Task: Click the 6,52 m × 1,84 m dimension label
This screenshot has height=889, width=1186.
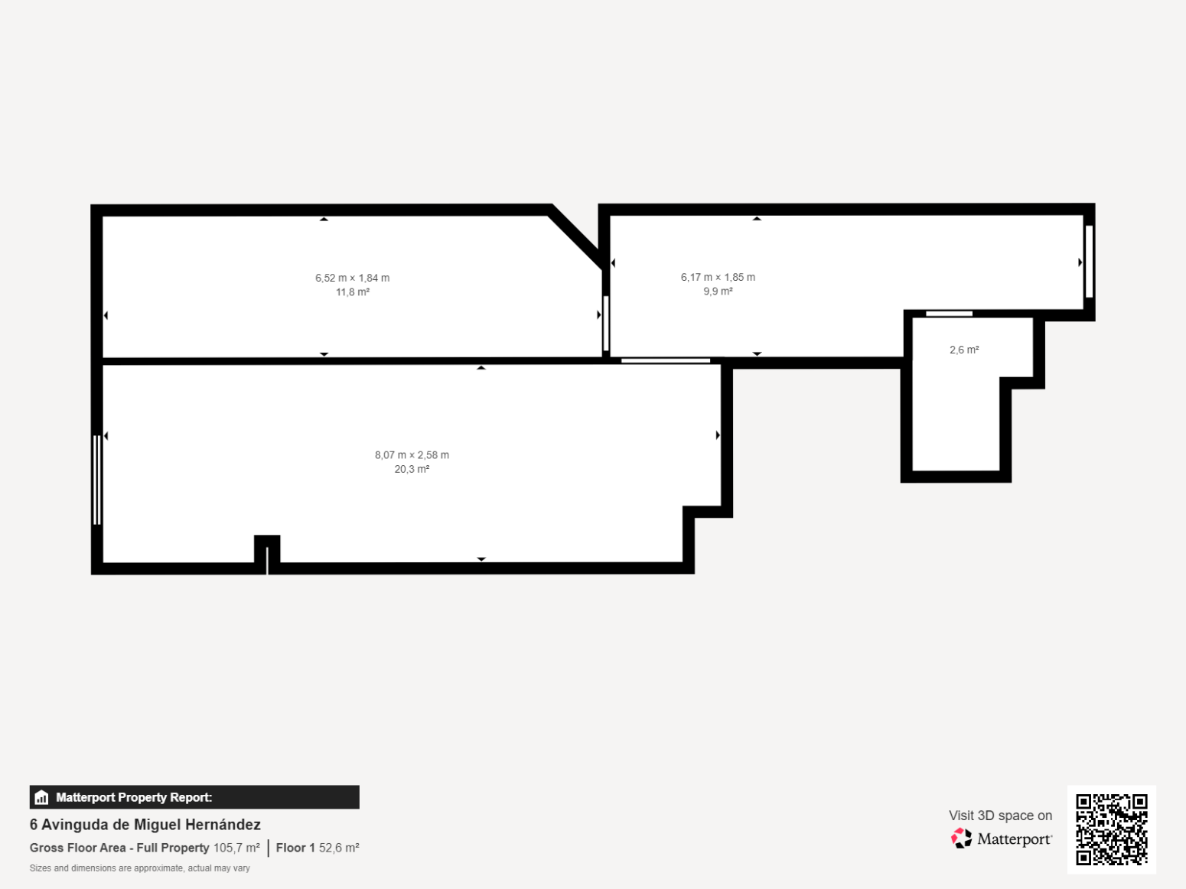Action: tap(352, 278)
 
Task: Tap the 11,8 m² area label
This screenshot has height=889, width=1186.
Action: tap(353, 292)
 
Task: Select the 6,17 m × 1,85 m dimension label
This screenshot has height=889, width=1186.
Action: tap(718, 277)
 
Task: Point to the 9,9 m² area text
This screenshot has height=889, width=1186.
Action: tap(718, 291)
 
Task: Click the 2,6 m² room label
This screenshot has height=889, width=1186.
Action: tap(964, 350)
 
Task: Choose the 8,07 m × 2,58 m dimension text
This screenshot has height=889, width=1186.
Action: tap(412, 454)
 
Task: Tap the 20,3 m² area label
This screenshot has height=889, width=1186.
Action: tap(412, 469)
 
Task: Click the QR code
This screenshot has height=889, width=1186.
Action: tap(1112, 829)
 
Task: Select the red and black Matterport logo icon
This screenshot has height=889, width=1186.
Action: tap(961, 839)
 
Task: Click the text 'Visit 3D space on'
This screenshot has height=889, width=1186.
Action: tap(1000, 816)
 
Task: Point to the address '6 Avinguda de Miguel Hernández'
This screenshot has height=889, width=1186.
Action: tap(145, 825)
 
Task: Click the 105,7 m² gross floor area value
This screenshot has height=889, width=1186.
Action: tap(236, 848)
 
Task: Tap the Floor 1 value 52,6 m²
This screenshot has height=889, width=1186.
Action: tap(339, 848)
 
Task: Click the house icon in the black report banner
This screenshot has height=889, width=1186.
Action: tap(41, 797)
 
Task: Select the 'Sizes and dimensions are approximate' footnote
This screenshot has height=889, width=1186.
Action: tap(139, 868)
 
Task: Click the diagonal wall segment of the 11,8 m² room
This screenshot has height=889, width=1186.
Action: tap(575, 236)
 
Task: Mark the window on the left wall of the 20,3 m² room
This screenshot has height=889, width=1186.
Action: tap(97, 480)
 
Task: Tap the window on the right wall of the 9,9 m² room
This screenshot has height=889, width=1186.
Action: tap(1090, 262)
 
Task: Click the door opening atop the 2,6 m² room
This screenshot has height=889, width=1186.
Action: tap(949, 314)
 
